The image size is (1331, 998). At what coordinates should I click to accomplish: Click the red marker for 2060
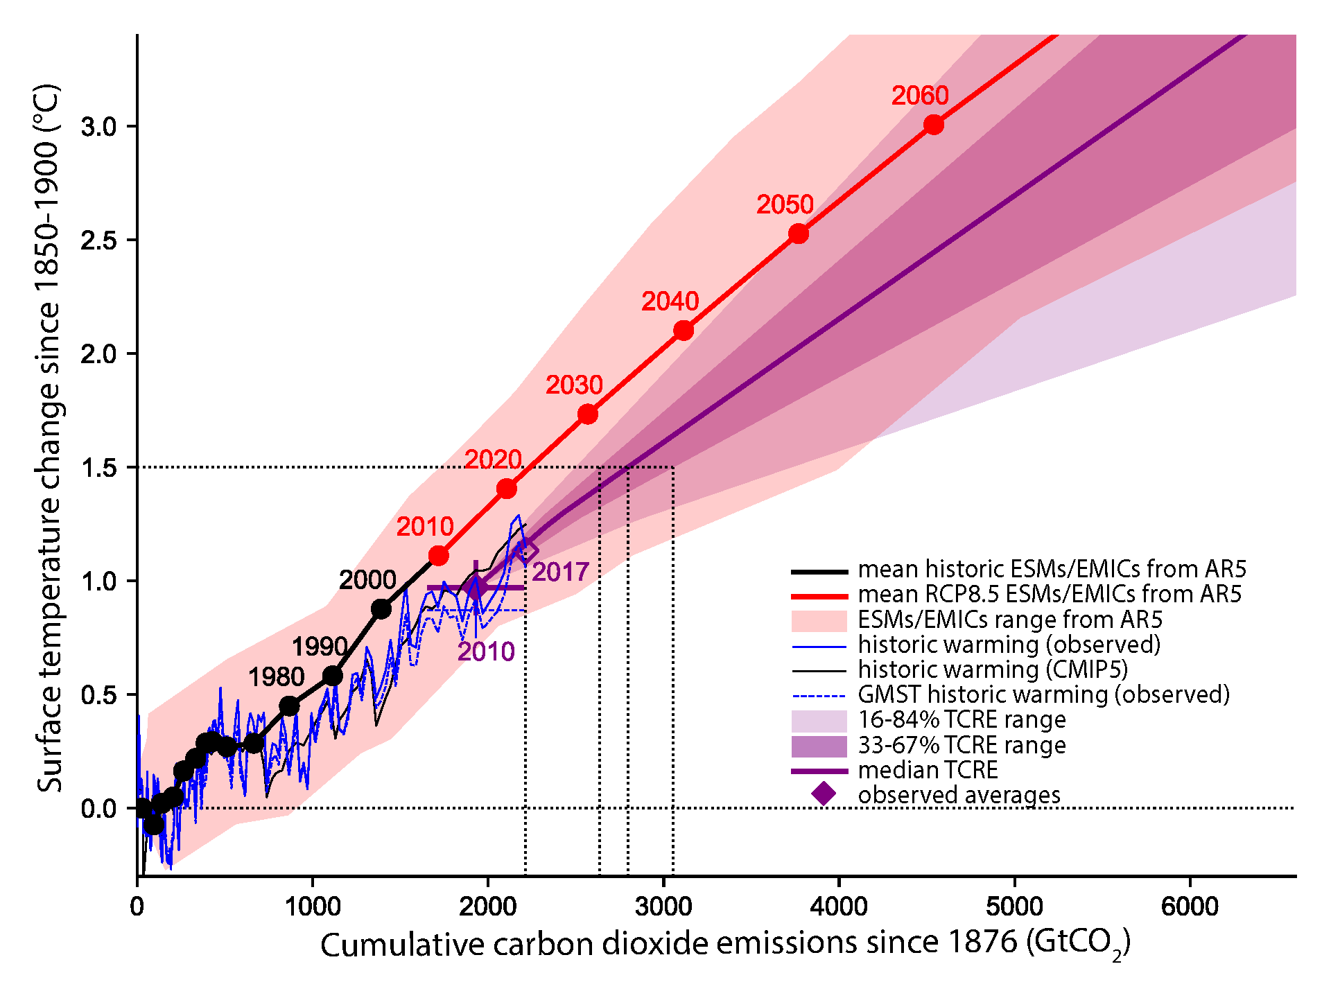coord(934,125)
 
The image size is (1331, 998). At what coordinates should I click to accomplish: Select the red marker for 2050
coord(799,234)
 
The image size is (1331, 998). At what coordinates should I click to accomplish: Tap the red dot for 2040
coord(684,331)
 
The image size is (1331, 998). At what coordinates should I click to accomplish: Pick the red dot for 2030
coord(588,414)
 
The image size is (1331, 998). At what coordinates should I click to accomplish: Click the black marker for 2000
coord(381,609)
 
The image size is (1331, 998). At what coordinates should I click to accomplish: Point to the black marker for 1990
coord(333,676)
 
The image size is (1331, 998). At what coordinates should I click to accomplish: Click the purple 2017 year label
coord(560,572)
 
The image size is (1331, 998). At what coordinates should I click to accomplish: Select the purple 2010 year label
coord(486,651)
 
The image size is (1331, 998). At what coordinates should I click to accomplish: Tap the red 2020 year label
coord(493,459)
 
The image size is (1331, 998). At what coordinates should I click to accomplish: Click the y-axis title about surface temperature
coord(50,438)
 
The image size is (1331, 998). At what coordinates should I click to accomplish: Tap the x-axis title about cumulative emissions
coord(725,945)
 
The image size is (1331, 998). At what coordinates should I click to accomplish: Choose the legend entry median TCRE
coord(928,770)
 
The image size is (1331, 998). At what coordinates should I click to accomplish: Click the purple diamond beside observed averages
coord(824,794)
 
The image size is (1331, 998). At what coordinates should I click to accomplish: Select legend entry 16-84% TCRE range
coord(962,720)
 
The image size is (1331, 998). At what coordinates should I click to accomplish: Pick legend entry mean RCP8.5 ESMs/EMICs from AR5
coord(1050,594)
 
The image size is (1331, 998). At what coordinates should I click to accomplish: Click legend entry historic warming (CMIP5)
coord(993,669)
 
